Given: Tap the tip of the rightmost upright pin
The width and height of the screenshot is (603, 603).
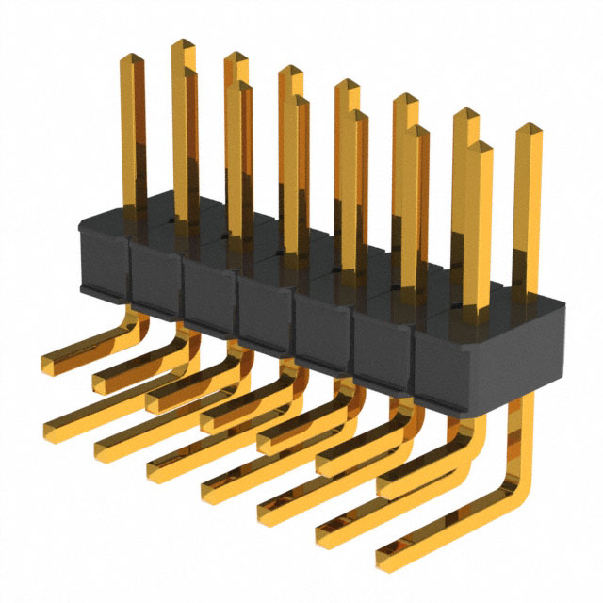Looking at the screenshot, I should (x=528, y=129).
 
